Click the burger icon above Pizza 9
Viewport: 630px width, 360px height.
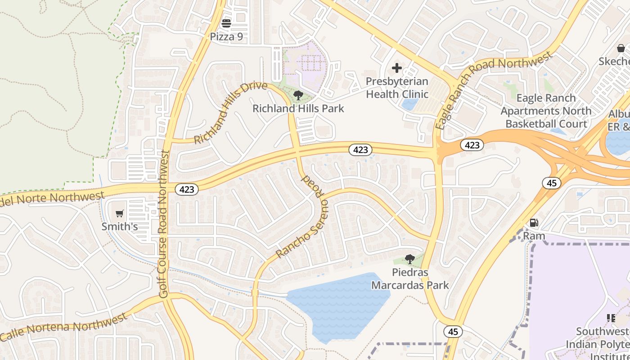[x=226, y=23]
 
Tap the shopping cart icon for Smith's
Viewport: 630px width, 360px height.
[x=119, y=214]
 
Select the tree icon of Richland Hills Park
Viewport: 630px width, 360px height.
[x=298, y=95]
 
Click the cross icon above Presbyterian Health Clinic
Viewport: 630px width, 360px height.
[x=396, y=68]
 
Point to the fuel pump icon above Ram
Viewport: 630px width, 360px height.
[x=534, y=222]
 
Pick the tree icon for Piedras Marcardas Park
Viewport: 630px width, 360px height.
[x=409, y=259]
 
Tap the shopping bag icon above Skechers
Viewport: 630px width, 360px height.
[x=621, y=48]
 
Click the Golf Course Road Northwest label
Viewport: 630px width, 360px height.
[x=163, y=224]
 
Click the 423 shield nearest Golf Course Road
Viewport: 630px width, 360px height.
[x=186, y=189]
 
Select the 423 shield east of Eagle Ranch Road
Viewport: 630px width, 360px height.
[x=472, y=145]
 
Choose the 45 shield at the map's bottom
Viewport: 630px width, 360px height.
[x=453, y=332]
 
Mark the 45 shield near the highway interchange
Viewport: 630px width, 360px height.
[x=551, y=183]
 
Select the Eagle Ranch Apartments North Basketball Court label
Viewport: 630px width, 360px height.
[x=546, y=111]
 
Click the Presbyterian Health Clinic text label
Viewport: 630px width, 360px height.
[x=396, y=88]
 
